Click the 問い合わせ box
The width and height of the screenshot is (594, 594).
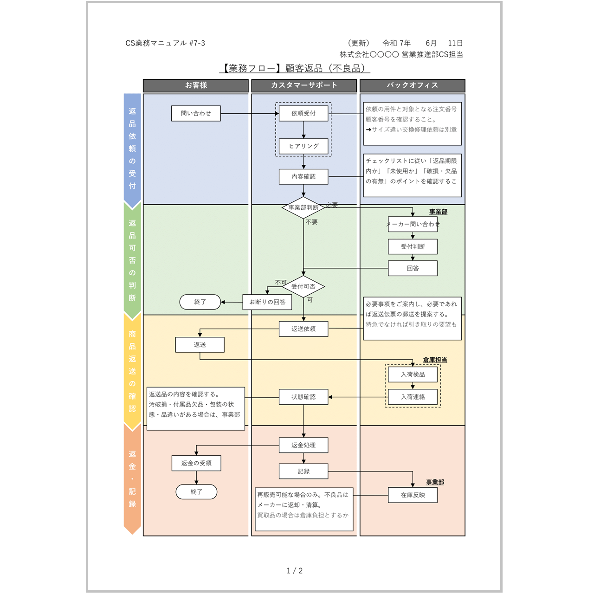pyautogui.click(x=196, y=113)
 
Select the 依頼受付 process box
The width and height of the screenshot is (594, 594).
pyautogui.click(x=303, y=113)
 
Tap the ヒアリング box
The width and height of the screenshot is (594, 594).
pyautogui.click(x=303, y=146)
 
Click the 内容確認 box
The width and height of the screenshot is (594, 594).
pyautogui.click(x=303, y=177)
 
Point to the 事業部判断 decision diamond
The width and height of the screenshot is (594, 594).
pyautogui.click(x=303, y=207)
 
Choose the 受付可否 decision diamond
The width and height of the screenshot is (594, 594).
pyautogui.click(x=303, y=287)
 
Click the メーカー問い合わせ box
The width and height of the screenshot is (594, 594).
pyautogui.click(x=413, y=224)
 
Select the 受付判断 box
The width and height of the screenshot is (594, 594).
pyautogui.click(x=413, y=246)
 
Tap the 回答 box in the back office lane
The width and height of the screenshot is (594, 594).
pyautogui.click(x=413, y=268)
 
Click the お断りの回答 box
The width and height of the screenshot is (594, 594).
pyautogui.click(x=267, y=302)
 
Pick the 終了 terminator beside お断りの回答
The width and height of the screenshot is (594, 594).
pyautogui.click(x=200, y=302)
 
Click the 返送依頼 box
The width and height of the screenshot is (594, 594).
pyautogui.click(x=303, y=329)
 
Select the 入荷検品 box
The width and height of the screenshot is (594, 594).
pyautogui.click(x=413, y=374)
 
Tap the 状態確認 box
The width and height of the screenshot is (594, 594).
pyautogui.click(x=303, y=397)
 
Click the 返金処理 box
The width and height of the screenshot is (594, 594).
pyautogui.click(x=303, y=445)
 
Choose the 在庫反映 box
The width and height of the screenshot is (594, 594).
pyautogui.click(x=413, y=495)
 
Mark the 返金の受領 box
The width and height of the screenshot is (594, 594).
pyautogui.click(x=196, y=463)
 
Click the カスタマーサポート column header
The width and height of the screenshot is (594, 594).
pyautogui.click(x=304, y=85)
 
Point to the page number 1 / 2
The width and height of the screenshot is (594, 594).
pyautogui.click(x=295, y=571)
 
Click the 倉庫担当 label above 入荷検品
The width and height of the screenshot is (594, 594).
pyautogui.click(x=435, y=360)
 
